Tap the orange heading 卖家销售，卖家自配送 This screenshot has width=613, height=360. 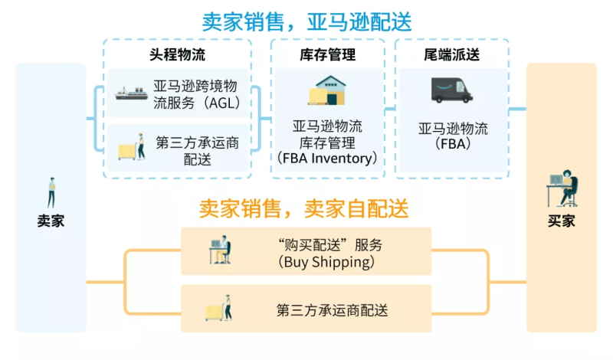pyautogui.click(x=304, y=208)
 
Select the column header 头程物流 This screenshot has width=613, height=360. pyautogui.click(x=177, y=55)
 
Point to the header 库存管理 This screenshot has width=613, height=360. pyautogui.click(x=327, y=55)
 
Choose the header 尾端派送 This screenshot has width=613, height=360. pyautogui.click(x=451, y=55)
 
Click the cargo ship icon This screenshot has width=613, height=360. pyautogui.click(x=131, y=93)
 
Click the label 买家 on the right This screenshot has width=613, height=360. pyautogui.click(x=561, y=221)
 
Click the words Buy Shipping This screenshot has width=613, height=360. pyautogui.click(x=328, y=262)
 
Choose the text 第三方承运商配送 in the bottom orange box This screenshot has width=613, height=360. pyautogui.click(x=332, y=310)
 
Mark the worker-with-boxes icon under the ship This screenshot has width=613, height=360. pyautogui.click(x=131, y=146)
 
